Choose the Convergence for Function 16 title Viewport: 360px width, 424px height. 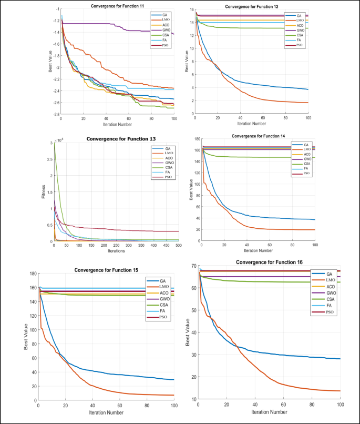click(269, 261)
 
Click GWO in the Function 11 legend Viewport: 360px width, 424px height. click(163, 31)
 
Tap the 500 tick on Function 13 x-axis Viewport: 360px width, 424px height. click(179, 246)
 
